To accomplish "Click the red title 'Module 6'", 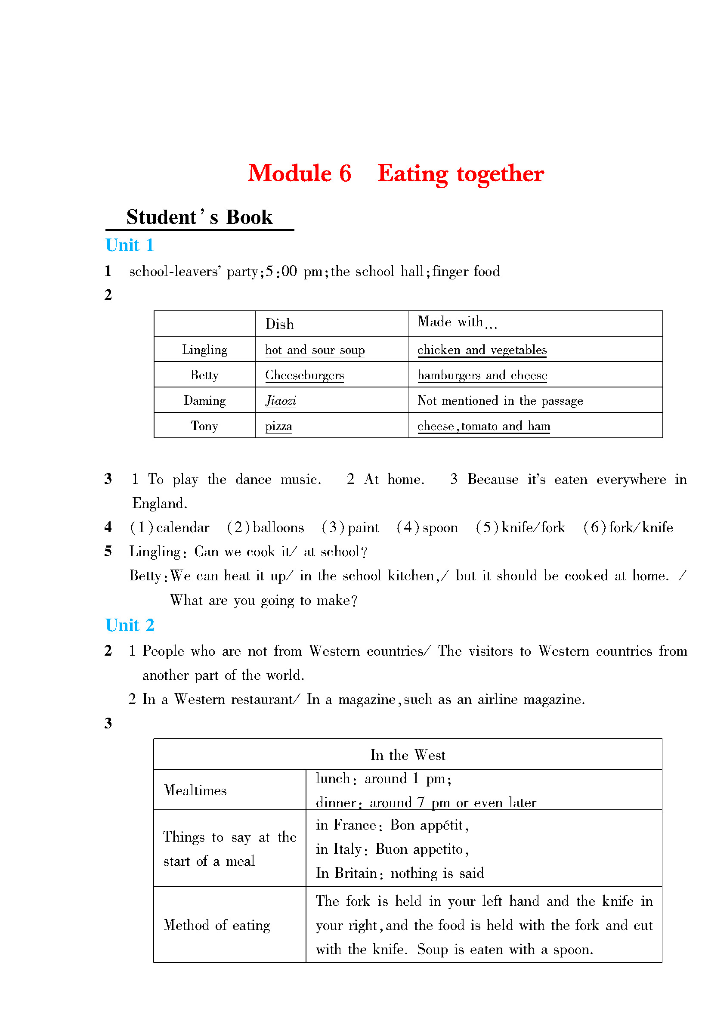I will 299,173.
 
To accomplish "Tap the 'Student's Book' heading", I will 199,217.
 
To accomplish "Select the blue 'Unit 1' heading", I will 130,245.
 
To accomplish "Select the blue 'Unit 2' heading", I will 130,626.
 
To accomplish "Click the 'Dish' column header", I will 279,324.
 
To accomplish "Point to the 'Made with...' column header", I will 457,322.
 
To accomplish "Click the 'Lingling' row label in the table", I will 204,350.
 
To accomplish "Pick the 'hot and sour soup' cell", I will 315,350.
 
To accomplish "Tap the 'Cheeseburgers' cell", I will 304,375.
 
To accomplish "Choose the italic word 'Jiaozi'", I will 281,401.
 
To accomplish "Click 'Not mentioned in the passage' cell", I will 500,401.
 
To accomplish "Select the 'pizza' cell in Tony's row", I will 278,426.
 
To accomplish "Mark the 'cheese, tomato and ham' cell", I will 484,426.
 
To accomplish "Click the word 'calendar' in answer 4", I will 182,527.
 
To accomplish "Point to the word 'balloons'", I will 278,527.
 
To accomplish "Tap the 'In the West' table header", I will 408,755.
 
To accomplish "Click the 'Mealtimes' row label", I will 195,790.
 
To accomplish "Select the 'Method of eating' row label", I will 216,925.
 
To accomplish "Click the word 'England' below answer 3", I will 159,504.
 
